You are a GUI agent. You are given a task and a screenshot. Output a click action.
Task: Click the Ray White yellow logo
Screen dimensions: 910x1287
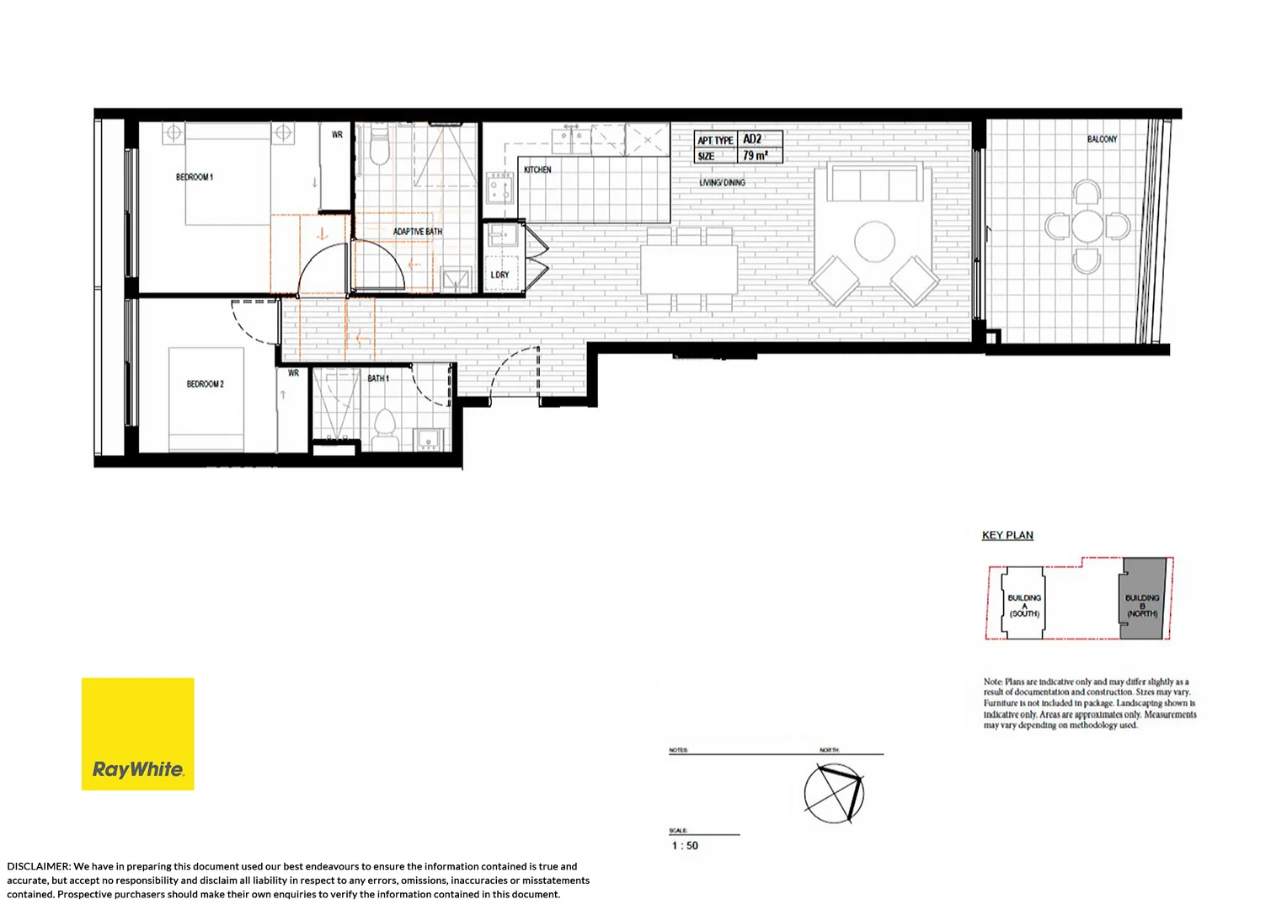click(x=137, y=734)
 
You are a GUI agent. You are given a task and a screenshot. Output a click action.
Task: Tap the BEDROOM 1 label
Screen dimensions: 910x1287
click(x=195, y=177)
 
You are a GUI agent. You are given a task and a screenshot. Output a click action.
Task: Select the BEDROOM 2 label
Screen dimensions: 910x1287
click(x=205, y=384)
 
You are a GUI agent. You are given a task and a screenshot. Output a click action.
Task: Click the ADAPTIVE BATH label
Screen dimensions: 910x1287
click(x=417, y=232)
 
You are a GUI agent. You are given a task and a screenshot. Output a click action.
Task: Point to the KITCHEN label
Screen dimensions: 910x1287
click(x=537, y=170)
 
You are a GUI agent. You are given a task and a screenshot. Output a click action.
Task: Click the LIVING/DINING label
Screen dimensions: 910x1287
click(x=722, y=183)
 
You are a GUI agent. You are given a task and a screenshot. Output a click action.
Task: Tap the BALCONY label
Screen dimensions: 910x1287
click(x=1102, y=139)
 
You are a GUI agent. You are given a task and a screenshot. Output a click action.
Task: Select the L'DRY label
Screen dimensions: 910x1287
click(x=499, y=276)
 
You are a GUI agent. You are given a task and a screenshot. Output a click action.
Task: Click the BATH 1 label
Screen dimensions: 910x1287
click(x=378, y=378)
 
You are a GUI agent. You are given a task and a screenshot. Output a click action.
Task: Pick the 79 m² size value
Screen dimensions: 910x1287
click(x=755, y=156)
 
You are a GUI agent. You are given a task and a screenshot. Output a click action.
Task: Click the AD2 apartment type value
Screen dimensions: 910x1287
click(x=752, y=139)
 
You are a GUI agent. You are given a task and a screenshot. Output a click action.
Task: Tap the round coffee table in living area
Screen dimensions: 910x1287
click(x=874, y=242)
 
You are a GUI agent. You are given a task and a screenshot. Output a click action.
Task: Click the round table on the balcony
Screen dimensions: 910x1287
click(x=1087, y=226)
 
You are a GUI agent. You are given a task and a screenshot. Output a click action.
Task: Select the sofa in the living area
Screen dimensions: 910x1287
click(x=872, y=184)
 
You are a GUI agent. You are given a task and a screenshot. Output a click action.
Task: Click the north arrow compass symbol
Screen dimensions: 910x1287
click(x=834, y=793)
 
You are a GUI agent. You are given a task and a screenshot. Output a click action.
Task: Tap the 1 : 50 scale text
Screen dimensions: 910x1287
click(x=685, y=846)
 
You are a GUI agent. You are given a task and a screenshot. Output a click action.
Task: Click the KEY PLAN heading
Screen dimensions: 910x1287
click(x=1007, y=535)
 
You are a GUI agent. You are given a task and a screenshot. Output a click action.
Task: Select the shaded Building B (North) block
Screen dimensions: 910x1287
click(x=1143, y=598)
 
